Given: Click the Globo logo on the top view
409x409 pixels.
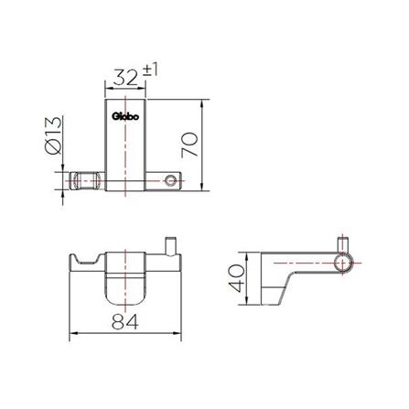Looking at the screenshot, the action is [x=125, y=116].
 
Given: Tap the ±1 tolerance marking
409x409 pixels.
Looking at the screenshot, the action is [x=150, y=70].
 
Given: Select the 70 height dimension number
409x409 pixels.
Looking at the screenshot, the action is [x=189, y=145].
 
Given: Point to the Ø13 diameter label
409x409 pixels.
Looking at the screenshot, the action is [x=53, y=135].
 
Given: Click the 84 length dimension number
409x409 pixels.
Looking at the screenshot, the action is [x=125, y=321].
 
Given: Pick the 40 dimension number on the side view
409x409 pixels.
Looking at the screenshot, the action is [x=236, y=278].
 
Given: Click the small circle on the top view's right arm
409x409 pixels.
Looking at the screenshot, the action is [x=170, y=180].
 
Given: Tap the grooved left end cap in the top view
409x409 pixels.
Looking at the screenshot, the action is [x=88, y=181].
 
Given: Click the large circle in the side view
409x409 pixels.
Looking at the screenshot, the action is [x=343, y=264].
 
